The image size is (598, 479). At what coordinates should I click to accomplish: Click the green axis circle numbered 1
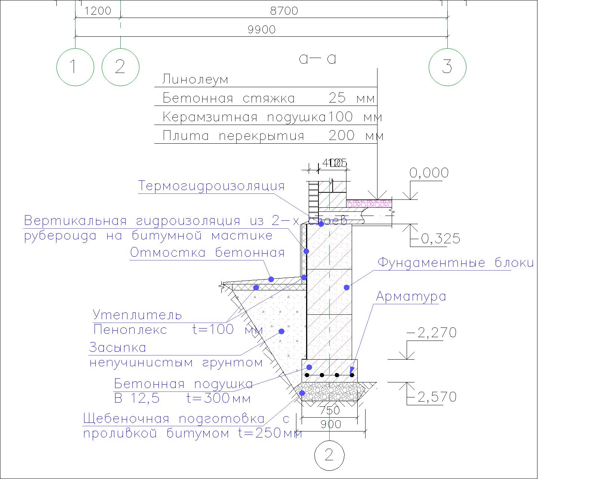click(75, 67)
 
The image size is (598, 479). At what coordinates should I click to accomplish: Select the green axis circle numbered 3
click(447, 67)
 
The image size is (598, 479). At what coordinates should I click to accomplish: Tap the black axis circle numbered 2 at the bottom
click(329, 455)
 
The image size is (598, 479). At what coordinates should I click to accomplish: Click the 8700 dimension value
click(284, 11)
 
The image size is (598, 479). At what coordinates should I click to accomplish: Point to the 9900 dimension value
click(262, 30)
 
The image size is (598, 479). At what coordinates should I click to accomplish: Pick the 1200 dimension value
click(98, 11)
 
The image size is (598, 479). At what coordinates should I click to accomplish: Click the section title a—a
click(317, 59)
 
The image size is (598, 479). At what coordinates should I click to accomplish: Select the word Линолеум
click(195, 80)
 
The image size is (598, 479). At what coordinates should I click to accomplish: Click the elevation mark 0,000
click(429, 173)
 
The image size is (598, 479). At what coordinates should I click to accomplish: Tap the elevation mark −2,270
click(431, 333)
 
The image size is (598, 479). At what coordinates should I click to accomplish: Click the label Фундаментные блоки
click(456, 263)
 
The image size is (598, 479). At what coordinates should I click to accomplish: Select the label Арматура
click(411, 297)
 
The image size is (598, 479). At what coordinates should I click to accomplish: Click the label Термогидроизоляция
click(212, 186)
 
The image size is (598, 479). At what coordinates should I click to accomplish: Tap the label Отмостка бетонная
click(207, 253)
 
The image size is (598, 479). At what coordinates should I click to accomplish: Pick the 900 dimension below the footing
click(331, 425)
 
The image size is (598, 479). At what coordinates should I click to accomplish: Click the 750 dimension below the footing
click(330, 411)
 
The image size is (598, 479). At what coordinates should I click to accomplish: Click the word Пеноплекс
click(130, 330)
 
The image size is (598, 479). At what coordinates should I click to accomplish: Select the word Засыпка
click(117, 348)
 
